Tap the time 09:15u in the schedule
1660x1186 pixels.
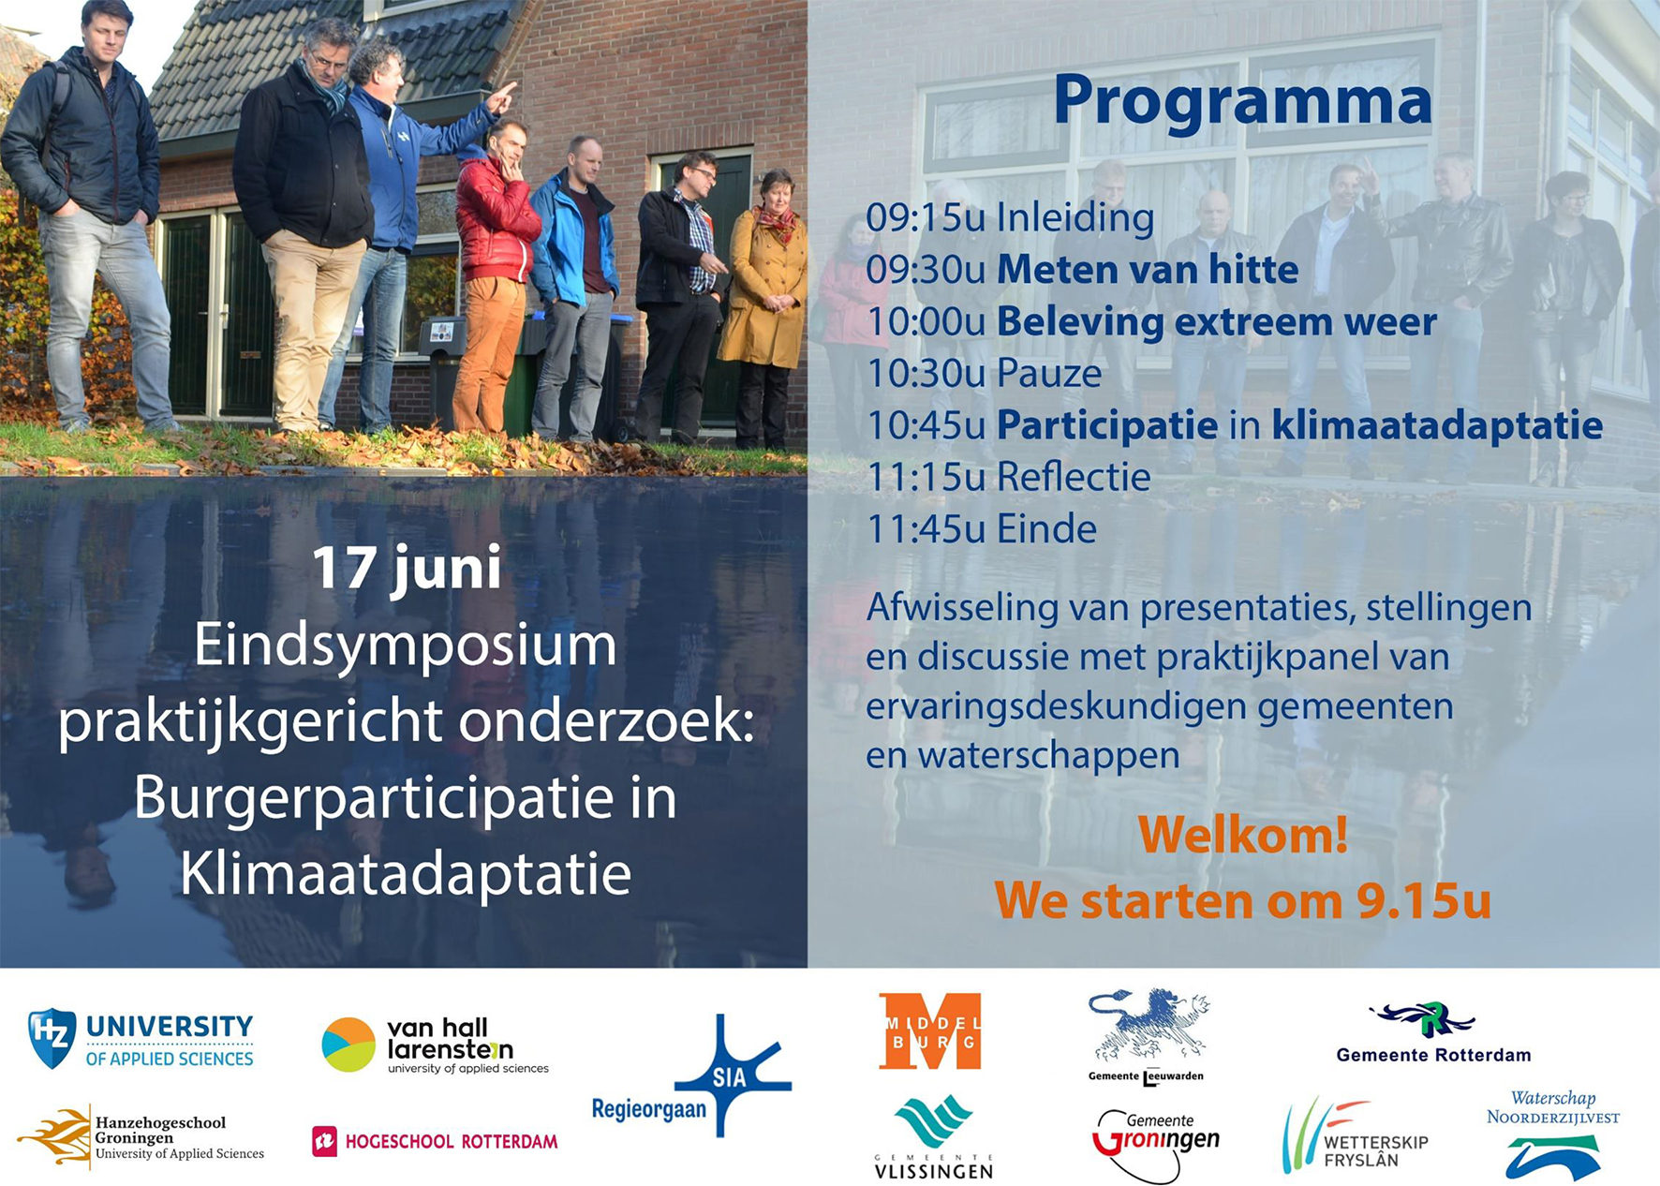coord(926,217)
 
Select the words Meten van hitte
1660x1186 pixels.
coord(1148,270)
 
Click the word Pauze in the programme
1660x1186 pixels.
coord(1049,374)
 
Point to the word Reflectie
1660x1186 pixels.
coord(1074,477)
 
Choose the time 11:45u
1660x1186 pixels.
coord(926,529)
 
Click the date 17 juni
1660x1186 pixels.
coord(407,569)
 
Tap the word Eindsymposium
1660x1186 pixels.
coord(406,646)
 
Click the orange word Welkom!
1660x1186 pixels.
coord(1243,835)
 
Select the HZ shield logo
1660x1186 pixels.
coord(52,1038)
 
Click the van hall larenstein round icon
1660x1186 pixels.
coord(348,1045)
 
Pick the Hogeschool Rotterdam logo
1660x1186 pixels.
coord(435,1141)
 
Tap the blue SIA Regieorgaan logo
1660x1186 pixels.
coord(692,1077)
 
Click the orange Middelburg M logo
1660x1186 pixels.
coord(930,1030)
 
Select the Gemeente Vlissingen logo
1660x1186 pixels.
coord(933,1136)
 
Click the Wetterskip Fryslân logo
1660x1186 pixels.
coord(1355,1135)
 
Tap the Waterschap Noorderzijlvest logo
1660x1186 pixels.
coord(1553,1134)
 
